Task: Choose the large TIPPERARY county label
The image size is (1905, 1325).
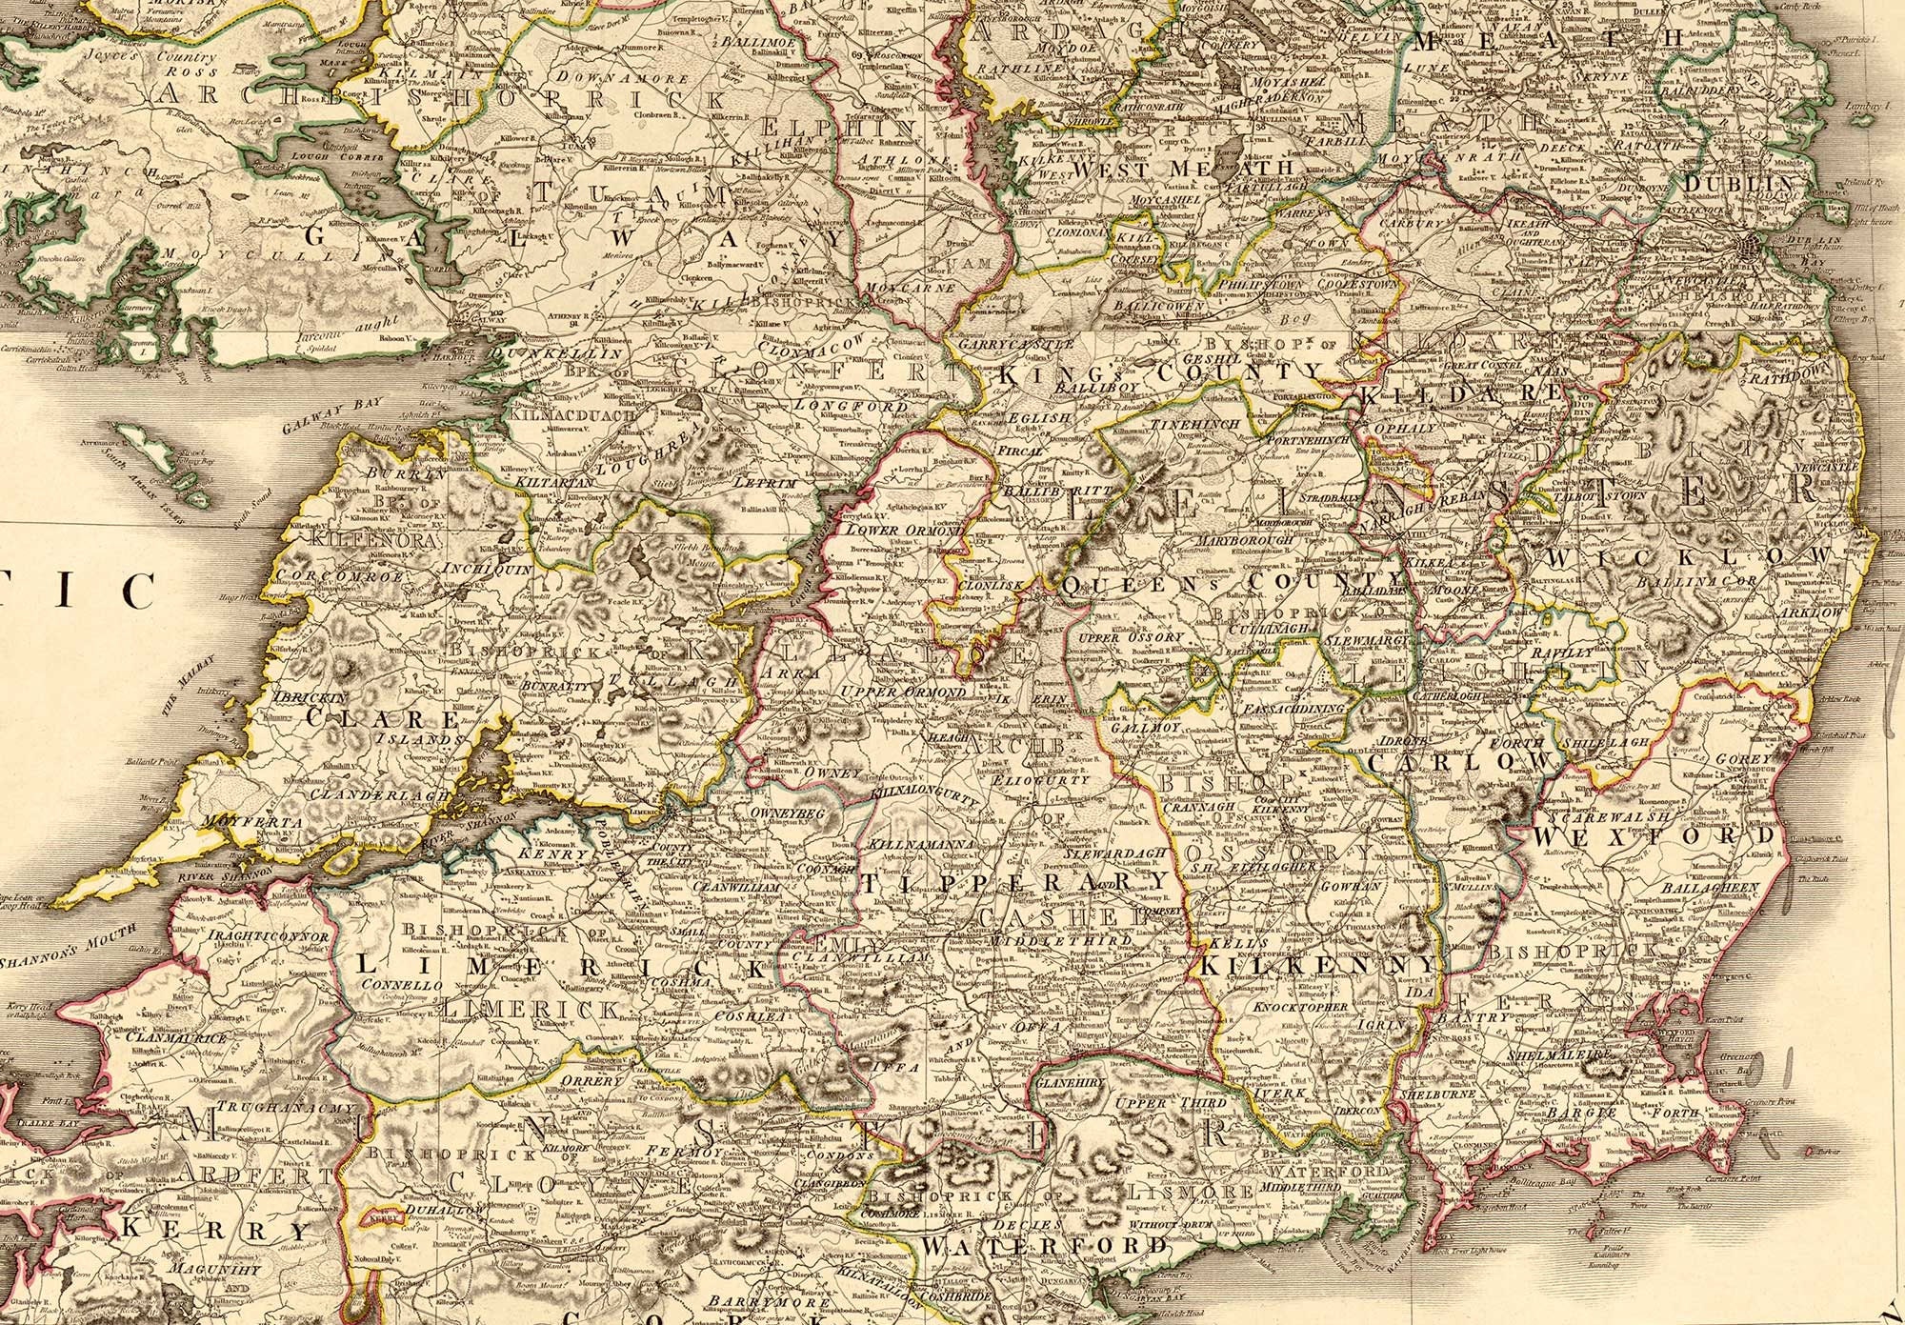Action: (x=1014, y=881)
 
